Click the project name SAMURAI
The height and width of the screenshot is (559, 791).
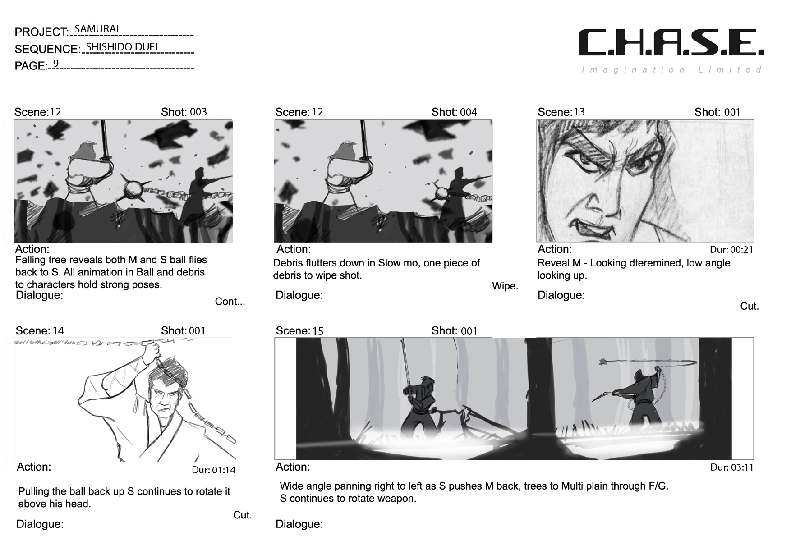(x=96, y=29)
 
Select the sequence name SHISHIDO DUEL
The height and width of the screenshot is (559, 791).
(x=123, y=46)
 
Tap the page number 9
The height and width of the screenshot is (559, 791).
(x=56, y=63)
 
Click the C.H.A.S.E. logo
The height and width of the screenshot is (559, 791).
(x=671, y=43)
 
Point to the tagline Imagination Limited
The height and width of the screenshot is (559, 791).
(x=672, y=69)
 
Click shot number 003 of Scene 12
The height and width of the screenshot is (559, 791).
(x=198, y=112)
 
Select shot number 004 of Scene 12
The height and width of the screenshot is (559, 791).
(x=469, y=112)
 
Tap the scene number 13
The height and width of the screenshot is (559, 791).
(x=579, y=112)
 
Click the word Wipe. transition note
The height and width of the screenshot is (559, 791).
(x=505, y=286)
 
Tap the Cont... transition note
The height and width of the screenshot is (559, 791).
(x=230, y=302)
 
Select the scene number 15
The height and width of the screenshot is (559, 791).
(x=318, y=331)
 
